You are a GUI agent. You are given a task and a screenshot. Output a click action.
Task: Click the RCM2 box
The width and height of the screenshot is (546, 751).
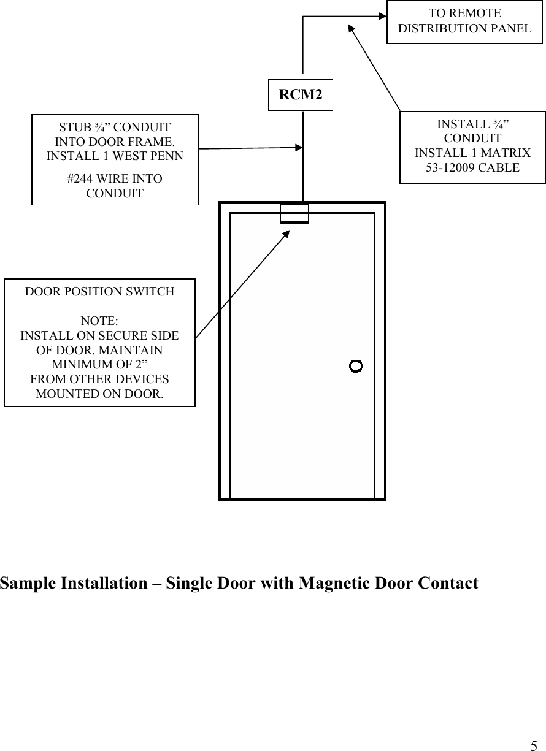[x=301, y=95]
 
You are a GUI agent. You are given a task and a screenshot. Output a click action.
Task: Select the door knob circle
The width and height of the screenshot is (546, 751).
[x=355, y=366]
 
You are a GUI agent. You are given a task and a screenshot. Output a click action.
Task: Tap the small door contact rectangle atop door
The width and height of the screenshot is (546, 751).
[x=294, y=214]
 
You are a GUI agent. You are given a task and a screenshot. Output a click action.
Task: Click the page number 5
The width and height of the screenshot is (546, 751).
[x=534, y=745]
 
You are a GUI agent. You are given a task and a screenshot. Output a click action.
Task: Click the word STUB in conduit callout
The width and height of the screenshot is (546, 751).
[x=72, y=128]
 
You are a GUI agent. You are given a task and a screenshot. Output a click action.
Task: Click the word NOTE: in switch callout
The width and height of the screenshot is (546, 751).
[x=99, y=321]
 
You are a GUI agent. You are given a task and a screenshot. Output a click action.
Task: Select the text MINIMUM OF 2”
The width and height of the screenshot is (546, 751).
[x=99, y=365]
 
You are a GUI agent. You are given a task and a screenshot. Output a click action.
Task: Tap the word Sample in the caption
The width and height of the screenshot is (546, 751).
[x=27, y=583]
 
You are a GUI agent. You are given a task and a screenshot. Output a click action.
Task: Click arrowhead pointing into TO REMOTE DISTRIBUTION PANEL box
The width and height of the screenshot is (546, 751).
[x=382, y=17]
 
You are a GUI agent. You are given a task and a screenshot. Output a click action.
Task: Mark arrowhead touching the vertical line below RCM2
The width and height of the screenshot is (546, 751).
[x=299, y=147]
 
